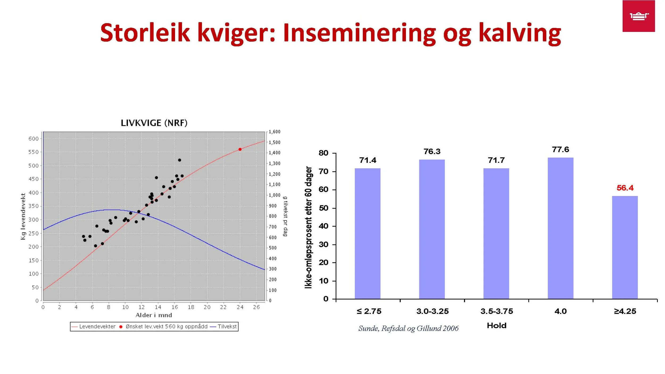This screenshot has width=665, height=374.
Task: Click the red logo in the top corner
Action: pos(638,16)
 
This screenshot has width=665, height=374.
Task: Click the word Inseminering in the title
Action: pos(359,33)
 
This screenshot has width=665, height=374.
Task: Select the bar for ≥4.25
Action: pos(625,247)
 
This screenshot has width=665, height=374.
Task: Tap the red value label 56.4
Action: pos(625,188)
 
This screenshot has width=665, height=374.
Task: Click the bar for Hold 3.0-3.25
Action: pos(432,229)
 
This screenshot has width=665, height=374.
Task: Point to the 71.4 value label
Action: pos(368,160)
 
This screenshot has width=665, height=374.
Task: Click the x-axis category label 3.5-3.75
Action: pos(496,311)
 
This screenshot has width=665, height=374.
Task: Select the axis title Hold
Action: pos(496,326)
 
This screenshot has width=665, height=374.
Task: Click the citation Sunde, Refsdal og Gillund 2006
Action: pos(408,329)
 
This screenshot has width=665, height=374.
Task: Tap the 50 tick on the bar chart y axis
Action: pos(323,208)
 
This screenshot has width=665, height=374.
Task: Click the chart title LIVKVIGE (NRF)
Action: pos(154,123)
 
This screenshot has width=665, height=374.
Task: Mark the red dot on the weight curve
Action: pos(240,149)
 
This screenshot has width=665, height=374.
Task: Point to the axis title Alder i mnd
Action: pos(153,315)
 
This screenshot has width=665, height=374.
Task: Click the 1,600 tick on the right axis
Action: pos(274,132)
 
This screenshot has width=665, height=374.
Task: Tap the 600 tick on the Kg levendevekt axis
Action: pos(34,139)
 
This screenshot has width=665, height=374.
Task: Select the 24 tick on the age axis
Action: pos(240,307)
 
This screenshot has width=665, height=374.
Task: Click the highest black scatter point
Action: pos(180,160)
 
